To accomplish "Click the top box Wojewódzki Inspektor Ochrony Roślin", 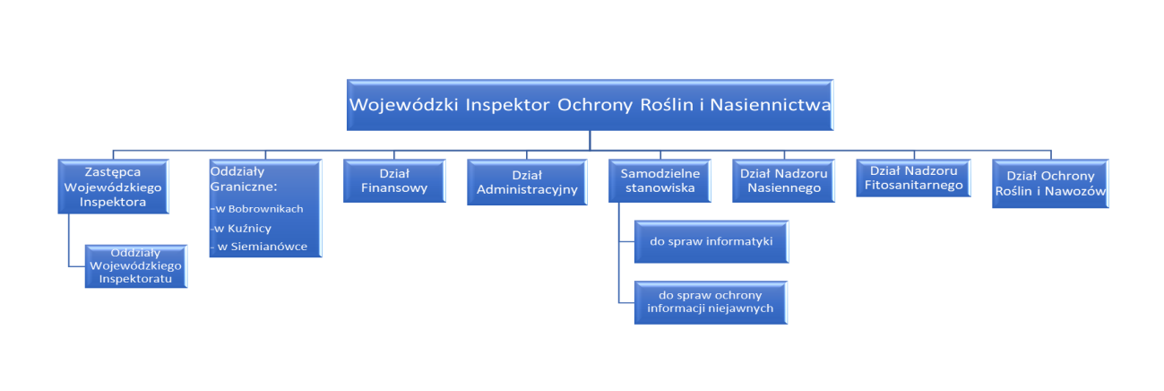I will (589, 104).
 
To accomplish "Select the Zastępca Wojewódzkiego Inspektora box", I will (114, 187).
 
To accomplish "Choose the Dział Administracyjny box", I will (527, 182).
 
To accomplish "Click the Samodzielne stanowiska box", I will (659, 181).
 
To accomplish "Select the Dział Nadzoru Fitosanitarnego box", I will (909, 178).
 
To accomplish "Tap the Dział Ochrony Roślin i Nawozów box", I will (1050, 184).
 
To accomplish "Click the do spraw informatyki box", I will (711, 241).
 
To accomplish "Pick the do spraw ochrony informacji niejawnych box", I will (711, 302).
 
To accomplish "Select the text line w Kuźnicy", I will (243, 228).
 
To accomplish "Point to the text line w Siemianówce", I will (259, 247).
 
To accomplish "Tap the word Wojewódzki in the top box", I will (402, 104).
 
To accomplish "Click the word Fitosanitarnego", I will (909, 186).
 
